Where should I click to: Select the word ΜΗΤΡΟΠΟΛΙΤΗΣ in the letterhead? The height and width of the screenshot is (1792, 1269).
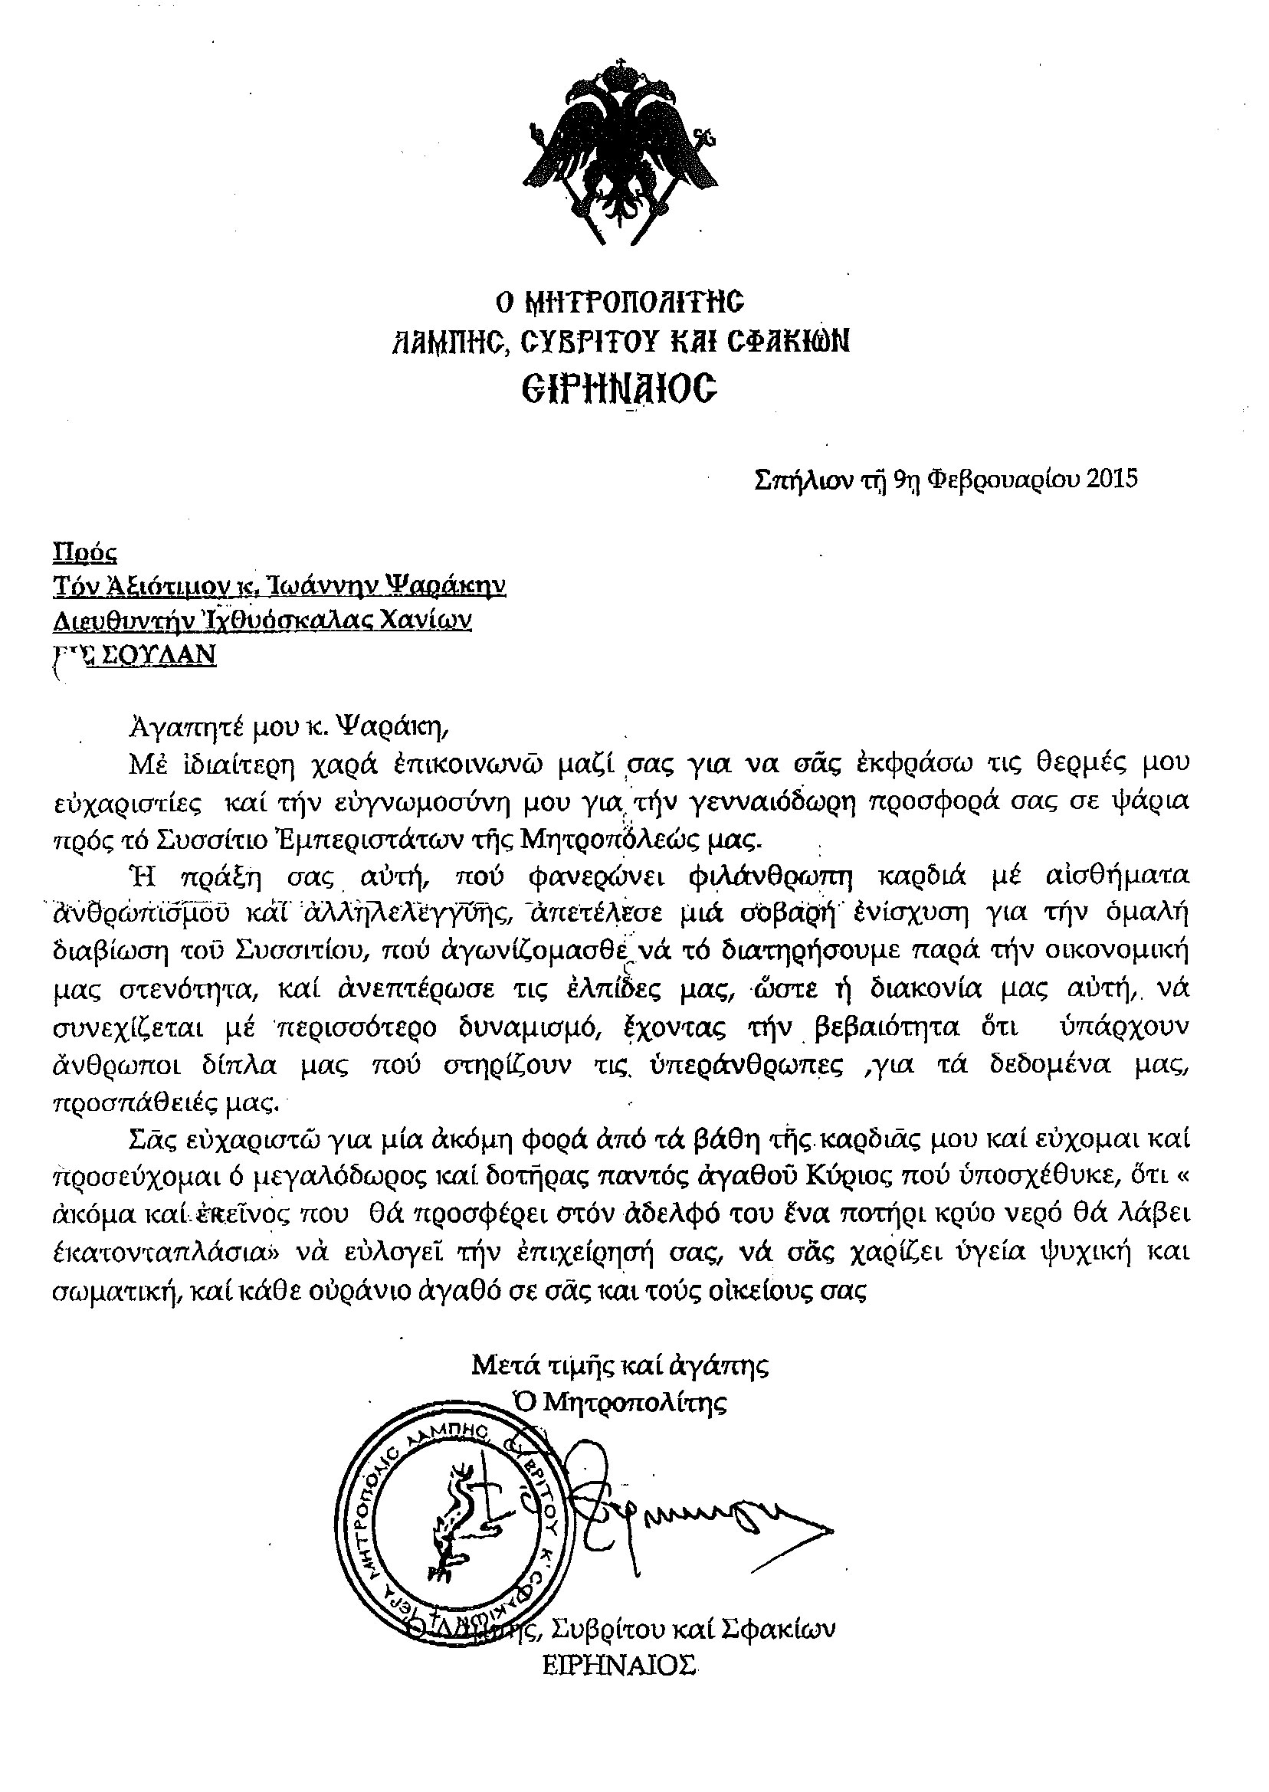click(x=641, y=302)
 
